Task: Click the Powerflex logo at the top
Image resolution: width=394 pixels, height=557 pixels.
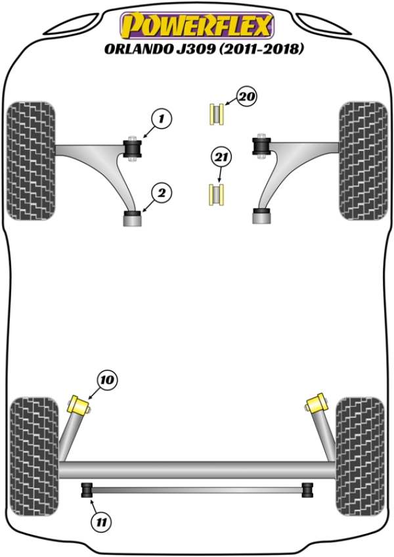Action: coord(197,26)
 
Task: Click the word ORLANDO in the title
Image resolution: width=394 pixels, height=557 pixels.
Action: coord(137,49)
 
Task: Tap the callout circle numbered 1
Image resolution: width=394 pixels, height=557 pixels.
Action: coord(162,119)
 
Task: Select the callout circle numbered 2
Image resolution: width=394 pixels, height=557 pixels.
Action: coord(162,193)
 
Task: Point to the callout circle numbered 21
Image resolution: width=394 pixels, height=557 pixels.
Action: coord(221,157)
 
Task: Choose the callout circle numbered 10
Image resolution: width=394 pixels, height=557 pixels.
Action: coord(107,380)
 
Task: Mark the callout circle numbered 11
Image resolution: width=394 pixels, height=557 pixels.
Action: coord(101,522)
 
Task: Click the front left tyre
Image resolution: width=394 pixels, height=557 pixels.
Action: coord(32,161)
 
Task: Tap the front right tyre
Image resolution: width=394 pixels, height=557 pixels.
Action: coord(363,161)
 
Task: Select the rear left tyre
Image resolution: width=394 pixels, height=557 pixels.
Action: coord(33,457)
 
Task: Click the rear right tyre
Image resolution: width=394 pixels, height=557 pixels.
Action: coord(361,457)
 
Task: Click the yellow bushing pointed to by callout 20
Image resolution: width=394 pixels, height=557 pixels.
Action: coord(216,114)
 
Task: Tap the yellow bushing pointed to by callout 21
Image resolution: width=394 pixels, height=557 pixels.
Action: coord(216,194)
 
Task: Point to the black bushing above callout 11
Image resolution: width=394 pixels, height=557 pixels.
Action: coord(87,490)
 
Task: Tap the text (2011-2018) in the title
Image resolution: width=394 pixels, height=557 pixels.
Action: coord(261,49)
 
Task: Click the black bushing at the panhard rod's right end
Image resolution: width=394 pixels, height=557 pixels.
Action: coord(307,490)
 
